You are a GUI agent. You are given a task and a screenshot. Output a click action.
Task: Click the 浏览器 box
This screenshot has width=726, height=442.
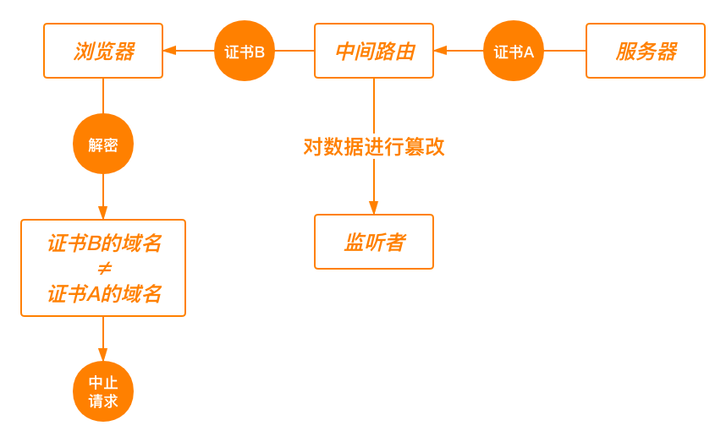(103, 51)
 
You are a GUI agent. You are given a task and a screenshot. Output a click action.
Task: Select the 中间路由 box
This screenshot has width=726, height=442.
(374, 51)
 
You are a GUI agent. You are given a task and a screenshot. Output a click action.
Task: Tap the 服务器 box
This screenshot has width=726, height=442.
(646, 51)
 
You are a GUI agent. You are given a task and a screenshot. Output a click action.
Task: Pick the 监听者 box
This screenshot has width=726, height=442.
(374, 242)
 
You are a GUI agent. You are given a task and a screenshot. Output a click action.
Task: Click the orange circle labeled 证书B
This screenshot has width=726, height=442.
(245, 51)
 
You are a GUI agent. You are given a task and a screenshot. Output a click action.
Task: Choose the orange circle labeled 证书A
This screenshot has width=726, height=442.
(514, 51)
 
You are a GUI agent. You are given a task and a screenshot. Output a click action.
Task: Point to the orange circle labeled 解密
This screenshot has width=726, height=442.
(103, 145)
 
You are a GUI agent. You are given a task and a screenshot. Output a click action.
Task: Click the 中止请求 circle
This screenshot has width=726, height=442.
(103, 392)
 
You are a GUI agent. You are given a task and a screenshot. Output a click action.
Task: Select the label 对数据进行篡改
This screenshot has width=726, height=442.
(374, 146)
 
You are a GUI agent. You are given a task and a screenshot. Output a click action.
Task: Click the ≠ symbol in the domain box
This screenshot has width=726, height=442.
(104, 269)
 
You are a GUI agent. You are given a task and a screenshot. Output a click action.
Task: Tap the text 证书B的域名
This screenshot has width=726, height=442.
(104, 244)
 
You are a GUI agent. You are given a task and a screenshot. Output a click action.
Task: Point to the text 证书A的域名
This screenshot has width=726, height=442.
(104, 293)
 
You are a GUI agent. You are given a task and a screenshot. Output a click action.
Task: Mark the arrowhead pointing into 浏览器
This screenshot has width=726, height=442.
(169, 51)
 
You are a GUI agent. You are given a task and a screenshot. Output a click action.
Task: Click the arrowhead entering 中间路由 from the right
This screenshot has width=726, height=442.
(440, 51)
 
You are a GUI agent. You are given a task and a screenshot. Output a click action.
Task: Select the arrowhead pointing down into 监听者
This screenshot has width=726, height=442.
(374, 208)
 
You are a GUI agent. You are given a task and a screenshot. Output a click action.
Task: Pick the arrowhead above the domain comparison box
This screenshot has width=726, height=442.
(103, 213)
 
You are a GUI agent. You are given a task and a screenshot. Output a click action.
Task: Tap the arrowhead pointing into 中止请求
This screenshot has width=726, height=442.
(103, 355)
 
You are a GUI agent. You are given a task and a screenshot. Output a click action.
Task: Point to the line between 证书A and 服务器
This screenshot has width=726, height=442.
(564, 51)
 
